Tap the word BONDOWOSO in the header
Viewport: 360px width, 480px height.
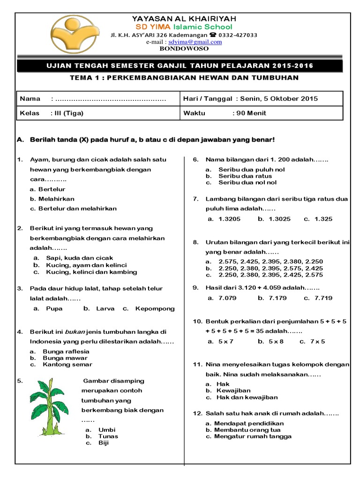click(184, 48)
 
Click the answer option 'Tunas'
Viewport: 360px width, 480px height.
click(108, 436)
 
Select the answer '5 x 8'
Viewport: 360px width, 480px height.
click(276, 341)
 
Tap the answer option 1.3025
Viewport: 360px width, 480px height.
click(280, 218)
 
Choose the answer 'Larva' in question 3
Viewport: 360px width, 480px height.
click(105, 308)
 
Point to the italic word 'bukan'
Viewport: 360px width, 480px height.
click(74, 332)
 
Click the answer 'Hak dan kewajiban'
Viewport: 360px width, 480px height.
click(247, 397)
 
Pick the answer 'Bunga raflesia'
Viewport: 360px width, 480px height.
click(66, 351)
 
